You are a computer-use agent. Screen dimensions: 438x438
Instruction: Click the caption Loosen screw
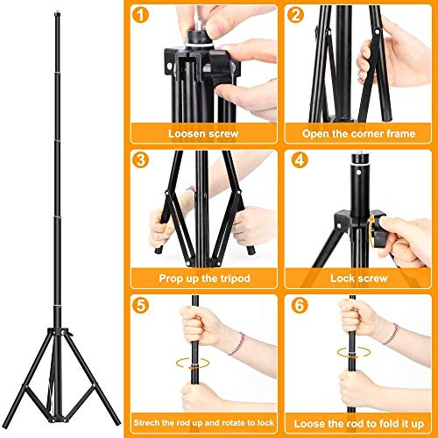203,135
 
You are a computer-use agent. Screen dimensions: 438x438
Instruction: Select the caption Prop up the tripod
203,279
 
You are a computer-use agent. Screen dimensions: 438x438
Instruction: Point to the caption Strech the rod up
203,424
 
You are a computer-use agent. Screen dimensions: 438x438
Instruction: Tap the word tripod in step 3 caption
232,279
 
